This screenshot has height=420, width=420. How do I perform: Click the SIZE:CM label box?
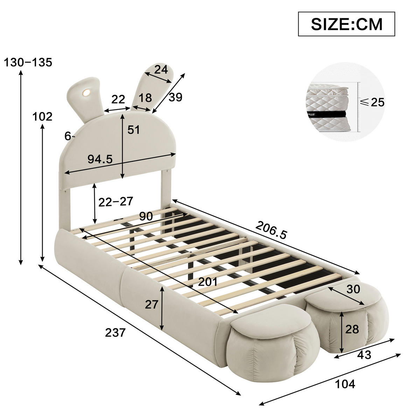[x=346, y=24]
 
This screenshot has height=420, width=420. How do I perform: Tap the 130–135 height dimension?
[x=28, y=62]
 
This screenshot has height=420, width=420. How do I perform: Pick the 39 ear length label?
[x=175, y=97]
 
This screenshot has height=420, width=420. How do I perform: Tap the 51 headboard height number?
[x=133, y=130]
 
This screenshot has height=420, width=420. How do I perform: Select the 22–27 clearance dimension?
[x=116, y=201]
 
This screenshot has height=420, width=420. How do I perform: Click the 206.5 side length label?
[x=271, y=230]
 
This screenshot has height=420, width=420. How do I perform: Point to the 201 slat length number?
[x=208, y=281]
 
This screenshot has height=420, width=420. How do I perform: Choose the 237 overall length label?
[x=115, y=332]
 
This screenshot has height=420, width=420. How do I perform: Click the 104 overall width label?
[x=345, y=384]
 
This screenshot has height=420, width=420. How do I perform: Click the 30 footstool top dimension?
[x=353, y=289]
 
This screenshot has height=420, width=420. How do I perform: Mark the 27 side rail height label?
[x=152, y=304]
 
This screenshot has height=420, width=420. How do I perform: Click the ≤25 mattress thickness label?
[x=373, y=102]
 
